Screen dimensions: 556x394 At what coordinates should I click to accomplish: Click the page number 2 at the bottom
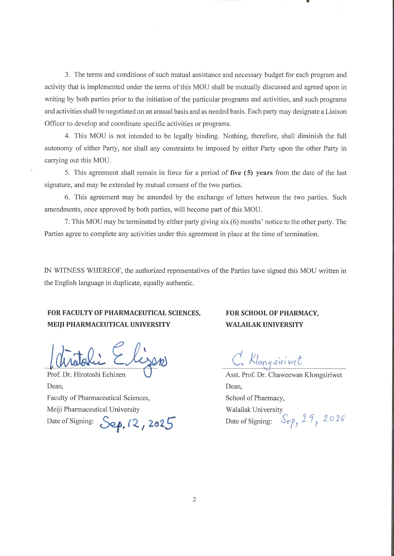[194, 500]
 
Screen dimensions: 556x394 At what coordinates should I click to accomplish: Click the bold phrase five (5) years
[251, 173]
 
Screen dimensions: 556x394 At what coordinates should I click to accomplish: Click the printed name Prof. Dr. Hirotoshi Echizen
[86, 375]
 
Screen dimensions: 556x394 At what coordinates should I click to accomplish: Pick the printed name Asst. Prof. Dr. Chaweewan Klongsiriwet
[284, 375]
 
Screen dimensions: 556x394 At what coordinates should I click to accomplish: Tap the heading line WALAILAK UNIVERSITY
[264, 325]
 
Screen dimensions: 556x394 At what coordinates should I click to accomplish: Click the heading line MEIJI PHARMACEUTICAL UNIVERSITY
[109, 325]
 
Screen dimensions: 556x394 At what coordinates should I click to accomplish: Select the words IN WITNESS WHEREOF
[83, 271]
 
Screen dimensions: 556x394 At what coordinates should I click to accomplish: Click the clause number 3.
[67, 75]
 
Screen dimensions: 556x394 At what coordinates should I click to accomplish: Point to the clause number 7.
[67, 222]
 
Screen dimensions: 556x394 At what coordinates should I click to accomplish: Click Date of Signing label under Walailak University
[249, 421]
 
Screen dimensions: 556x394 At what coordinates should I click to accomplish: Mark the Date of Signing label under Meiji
[70, 421]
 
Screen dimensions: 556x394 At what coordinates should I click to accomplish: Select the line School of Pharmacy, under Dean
[255, 398]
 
